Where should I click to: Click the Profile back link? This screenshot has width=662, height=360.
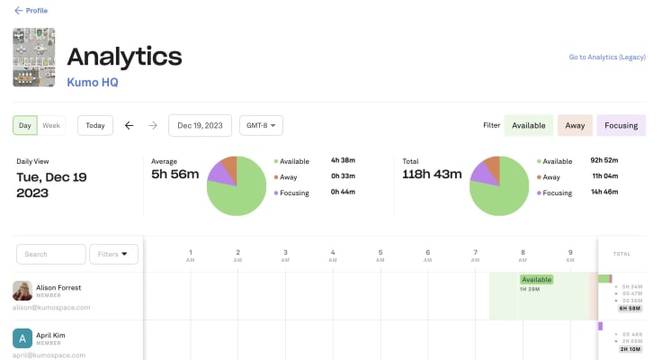point(31,11)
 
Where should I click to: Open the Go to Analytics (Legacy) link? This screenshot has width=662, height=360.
point(606,57)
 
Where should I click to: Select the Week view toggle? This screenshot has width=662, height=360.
point(51,125)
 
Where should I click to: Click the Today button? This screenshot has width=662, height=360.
point(95,125)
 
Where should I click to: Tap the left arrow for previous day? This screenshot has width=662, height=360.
point(129,125)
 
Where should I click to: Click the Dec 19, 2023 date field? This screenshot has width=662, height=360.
point(200,125)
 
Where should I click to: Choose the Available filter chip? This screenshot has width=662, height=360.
point(529,125)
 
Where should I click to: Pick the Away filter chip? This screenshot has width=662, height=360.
point(575,125)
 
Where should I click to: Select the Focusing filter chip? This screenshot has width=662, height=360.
point(622,125)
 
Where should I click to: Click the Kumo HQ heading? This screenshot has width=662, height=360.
point(93,82)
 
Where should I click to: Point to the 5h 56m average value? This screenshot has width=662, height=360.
point(174,174)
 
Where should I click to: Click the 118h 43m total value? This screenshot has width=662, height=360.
point(434,174)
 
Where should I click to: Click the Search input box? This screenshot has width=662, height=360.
point(51,254)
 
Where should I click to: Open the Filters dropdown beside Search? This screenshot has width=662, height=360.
point(114,254)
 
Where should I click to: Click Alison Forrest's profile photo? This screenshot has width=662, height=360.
point(22,291)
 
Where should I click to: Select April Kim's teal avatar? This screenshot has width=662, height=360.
point(22,338)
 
